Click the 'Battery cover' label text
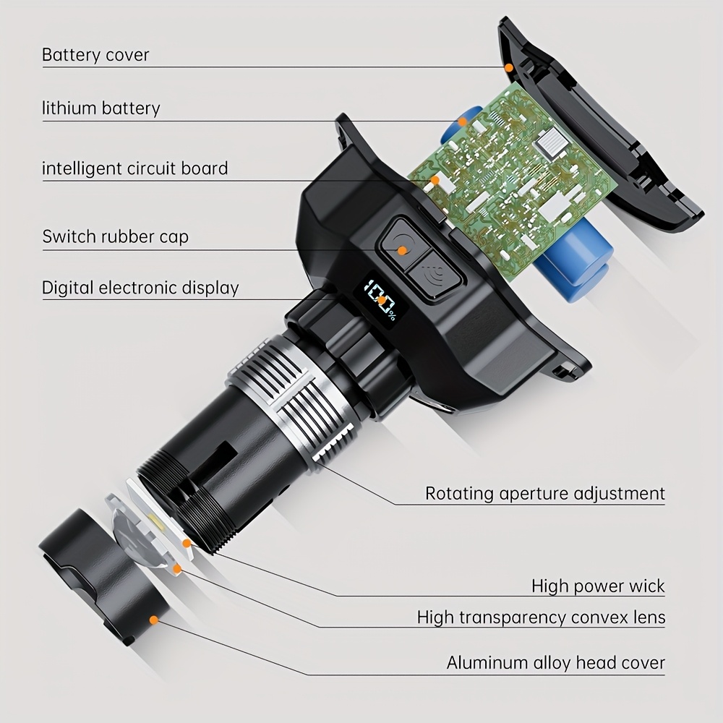coord(95,55)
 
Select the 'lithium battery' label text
coord(101,108)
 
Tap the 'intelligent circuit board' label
coord(134,168)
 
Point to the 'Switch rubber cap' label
coord(115,236)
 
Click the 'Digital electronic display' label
coord(140,288)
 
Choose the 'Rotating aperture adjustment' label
coord(545,493)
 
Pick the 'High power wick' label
coord(598,586)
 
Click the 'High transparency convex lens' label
coord(542,617)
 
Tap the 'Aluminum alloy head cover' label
coord(555,663)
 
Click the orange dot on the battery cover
coord(508,68)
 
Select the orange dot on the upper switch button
coord(402,250)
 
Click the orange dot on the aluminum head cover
coord(154,620)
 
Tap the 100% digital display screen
coord(380,302)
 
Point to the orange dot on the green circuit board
coord(435,179)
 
